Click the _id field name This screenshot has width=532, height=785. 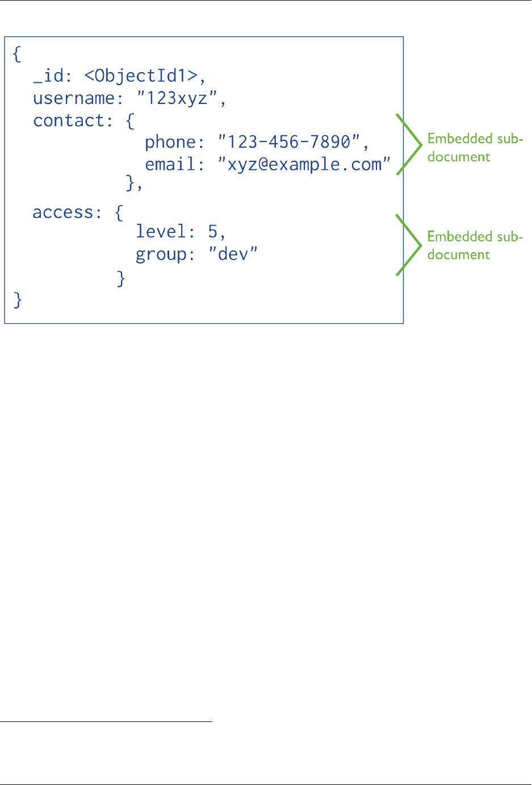pyautogui.click(x=48, y=76)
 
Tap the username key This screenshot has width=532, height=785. pyautogui.click(x=74, y=98)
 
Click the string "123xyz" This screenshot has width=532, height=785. pyautogui.click(x=177, y=98)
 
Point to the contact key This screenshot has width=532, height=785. pyautogui.click(x=69, y=120)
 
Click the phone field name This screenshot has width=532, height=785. pyautogui.click(x=170, y=142)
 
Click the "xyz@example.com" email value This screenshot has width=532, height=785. pyautogui.click(x=304, y=164)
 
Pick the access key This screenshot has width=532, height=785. pyautogui.click(x=63, y=212)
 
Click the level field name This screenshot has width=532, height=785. pyautogui.click(x=161, y=231)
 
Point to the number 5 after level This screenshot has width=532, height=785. pyautogui.click(x=213, y=231)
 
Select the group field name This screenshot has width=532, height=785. pyautogui.click(x=161, y=254)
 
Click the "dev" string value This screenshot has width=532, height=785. pyautogui.click(x=233, y=253)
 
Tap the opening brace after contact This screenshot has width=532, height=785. pyautogui.click(x=130, y=121)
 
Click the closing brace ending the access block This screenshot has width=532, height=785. pyautogui.click(x=121, y=278)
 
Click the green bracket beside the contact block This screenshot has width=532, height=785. pyautogui.click(x=409, y=144)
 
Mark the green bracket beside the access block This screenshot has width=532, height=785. pyautogui.click(x=409, y=245)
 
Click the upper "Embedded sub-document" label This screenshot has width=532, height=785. pyautogui.click(x=475, y=148)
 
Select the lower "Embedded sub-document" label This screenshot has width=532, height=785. pyautogui.click(x=475, y=245)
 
